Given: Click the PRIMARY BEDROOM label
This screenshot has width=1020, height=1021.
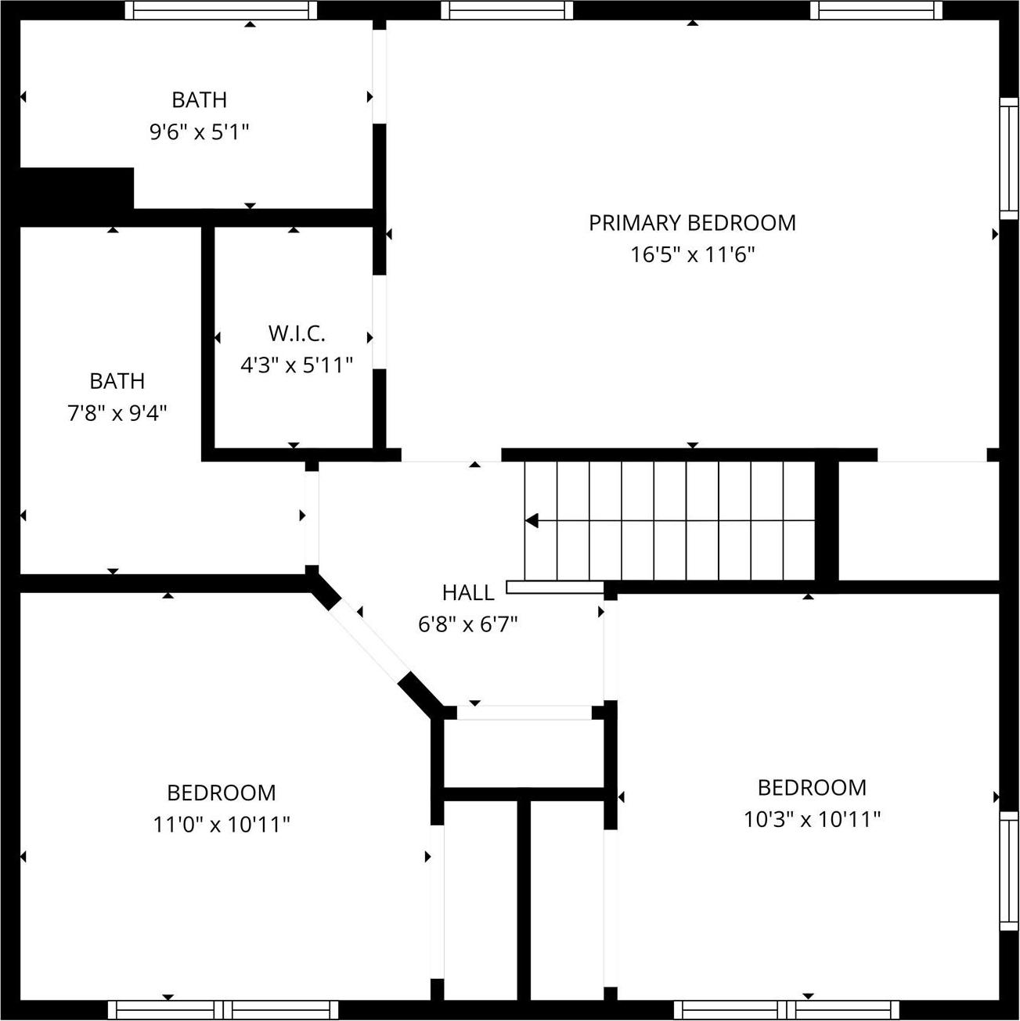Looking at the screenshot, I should coord(692,223).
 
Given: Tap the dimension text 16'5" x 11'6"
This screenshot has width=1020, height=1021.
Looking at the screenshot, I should coord(692,255).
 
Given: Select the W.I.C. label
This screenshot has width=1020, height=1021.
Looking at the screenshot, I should coord(297,333).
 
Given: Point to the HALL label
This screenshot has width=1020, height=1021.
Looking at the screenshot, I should coord(468,593).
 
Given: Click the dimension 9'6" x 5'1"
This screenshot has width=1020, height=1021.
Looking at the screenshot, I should coord(199,131).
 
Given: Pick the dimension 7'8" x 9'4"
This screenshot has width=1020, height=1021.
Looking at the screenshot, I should coord(117,413).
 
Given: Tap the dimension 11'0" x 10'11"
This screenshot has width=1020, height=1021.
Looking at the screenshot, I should coord(222,825).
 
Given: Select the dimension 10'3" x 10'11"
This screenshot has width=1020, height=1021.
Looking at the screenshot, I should coord(812,819).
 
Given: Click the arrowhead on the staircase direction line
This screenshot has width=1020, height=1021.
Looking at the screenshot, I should coord(532,520).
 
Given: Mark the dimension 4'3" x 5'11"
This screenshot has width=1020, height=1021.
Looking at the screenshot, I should coord(297,365).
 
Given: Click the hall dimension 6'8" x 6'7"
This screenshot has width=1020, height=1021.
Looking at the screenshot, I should coord(468,624).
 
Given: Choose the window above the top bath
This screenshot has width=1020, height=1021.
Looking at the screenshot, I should coord(221,9).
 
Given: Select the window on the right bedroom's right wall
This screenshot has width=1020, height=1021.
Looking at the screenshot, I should coord(1009,870).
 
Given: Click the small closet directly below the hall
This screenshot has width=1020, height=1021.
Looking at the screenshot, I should coord(522,753).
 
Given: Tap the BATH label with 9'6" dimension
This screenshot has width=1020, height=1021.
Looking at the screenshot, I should coord(199,100).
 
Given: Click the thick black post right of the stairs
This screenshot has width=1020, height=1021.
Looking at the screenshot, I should coord(827,520).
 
